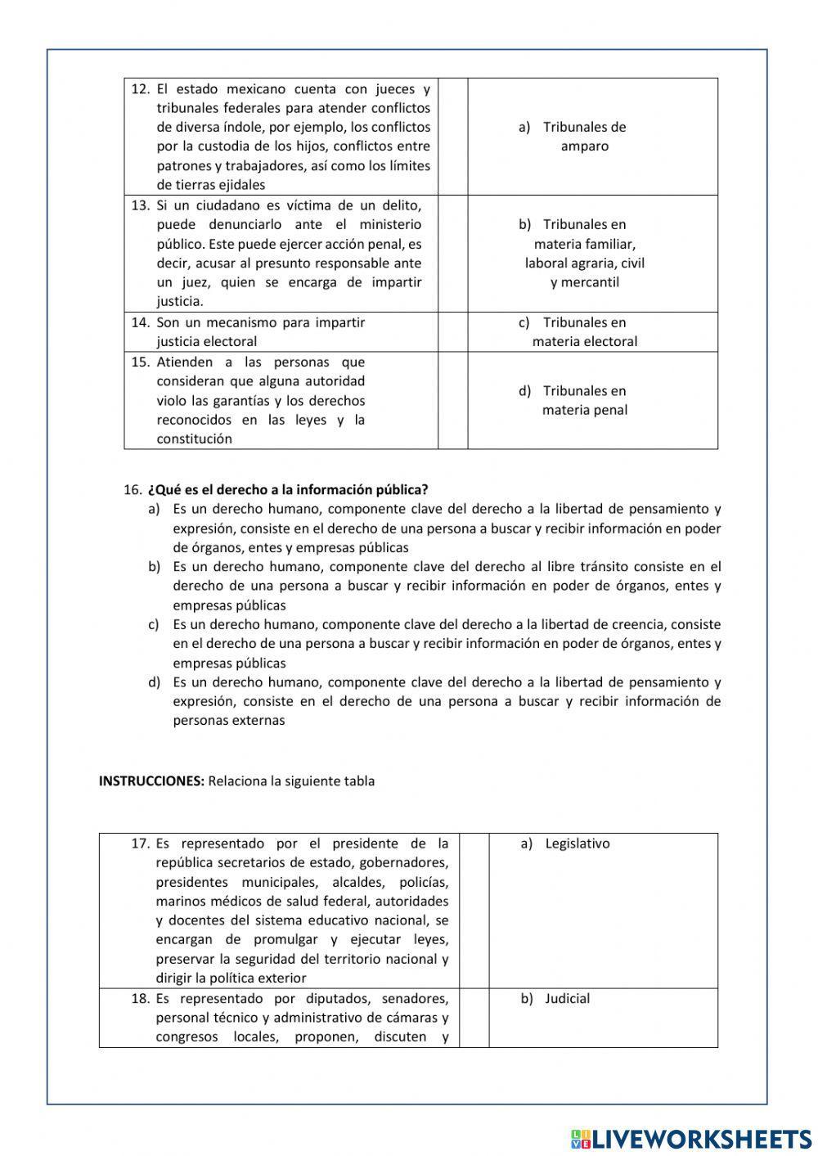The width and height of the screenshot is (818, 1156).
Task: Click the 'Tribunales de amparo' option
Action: [584, 137]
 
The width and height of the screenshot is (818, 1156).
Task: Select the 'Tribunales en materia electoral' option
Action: [584, 332]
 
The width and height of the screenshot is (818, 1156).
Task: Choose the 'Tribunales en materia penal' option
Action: [584, 400]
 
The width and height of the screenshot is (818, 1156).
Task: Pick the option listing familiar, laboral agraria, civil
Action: [584, 253]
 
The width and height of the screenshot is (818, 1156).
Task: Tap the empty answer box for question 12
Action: [452, 137]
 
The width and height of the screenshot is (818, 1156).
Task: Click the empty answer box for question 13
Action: [452, 254]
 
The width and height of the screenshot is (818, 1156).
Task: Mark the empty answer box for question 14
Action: [452, 332]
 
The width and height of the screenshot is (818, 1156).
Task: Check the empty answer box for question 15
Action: [452, 400]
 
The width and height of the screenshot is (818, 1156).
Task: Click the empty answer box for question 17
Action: [474, 911]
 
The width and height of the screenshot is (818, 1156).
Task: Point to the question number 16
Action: [133, 490]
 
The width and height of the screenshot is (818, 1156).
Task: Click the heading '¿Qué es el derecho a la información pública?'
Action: [288, 490]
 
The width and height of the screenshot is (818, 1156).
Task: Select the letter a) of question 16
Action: [154, 510]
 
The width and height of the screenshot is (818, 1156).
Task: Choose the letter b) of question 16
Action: [154, 567]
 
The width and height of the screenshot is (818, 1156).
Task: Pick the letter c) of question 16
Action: [154, 625]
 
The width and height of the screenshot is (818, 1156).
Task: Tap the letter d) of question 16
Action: [154, 682]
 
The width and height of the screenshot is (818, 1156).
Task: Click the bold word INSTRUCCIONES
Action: [151, 781]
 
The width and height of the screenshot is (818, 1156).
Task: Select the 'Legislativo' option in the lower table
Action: [577, 843]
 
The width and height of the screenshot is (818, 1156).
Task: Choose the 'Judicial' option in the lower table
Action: [567, 999]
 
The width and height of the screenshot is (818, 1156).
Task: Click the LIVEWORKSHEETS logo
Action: [691, 1138]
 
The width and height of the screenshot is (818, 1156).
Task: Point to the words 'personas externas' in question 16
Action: [229, 721]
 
